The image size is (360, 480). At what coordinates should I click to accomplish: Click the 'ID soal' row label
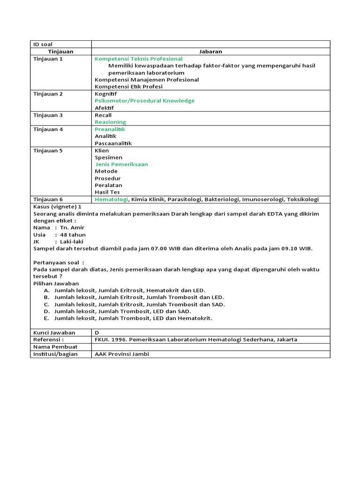(x=43, y=44)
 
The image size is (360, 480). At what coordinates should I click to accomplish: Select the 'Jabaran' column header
(x=210, y=52)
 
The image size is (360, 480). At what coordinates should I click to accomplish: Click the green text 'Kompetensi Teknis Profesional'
(x=138, y=59)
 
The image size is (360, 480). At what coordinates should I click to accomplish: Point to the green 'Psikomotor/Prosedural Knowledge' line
(x=144, y=101)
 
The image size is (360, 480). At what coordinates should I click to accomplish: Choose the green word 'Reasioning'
(x=110, y=122)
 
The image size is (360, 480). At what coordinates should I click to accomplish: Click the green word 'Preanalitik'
(x=110, y=129)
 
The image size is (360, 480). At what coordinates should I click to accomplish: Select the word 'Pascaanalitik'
(x=113, y=143)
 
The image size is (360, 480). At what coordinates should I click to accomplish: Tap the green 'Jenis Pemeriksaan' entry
(x=121, y=165)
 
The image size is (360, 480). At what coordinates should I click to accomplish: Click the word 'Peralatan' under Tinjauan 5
(x=108, y=185)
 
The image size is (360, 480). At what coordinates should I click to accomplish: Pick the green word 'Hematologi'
(x=111, y=199)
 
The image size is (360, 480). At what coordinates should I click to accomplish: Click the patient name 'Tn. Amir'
(x=72, y=227)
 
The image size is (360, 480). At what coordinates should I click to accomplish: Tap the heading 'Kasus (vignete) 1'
(x=57, y=206)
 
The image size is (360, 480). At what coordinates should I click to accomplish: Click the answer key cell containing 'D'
(x=97, y=332)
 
